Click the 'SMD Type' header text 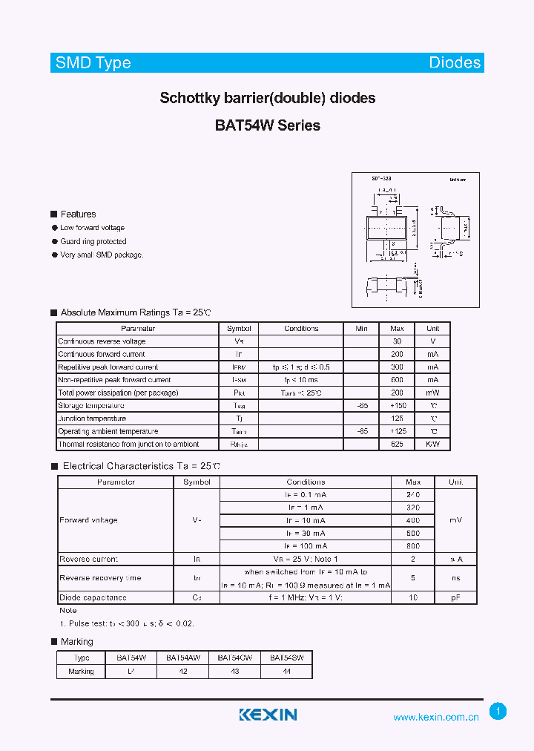coord(93,63)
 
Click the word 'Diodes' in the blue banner coord(455,63)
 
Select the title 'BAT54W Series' coord(268,125)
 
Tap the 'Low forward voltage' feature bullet coord(92,228)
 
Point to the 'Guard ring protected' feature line coord(93,241)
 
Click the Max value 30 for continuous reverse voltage coord(397,341)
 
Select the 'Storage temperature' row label coord(91,406)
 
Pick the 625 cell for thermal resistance coord(397,444)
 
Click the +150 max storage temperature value coord(397,406)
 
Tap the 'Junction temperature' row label coord(92,419)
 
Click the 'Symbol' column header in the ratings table coord(239,328)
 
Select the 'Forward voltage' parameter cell coord(88,520)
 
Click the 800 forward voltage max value coord(413,546)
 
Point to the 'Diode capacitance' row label coord(93,597)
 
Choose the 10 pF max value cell coord(413,597)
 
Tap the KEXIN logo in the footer coord(268,715)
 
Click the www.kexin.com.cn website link coord(436,717)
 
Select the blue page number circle coord(498,712)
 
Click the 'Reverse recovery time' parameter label coord(100,578)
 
